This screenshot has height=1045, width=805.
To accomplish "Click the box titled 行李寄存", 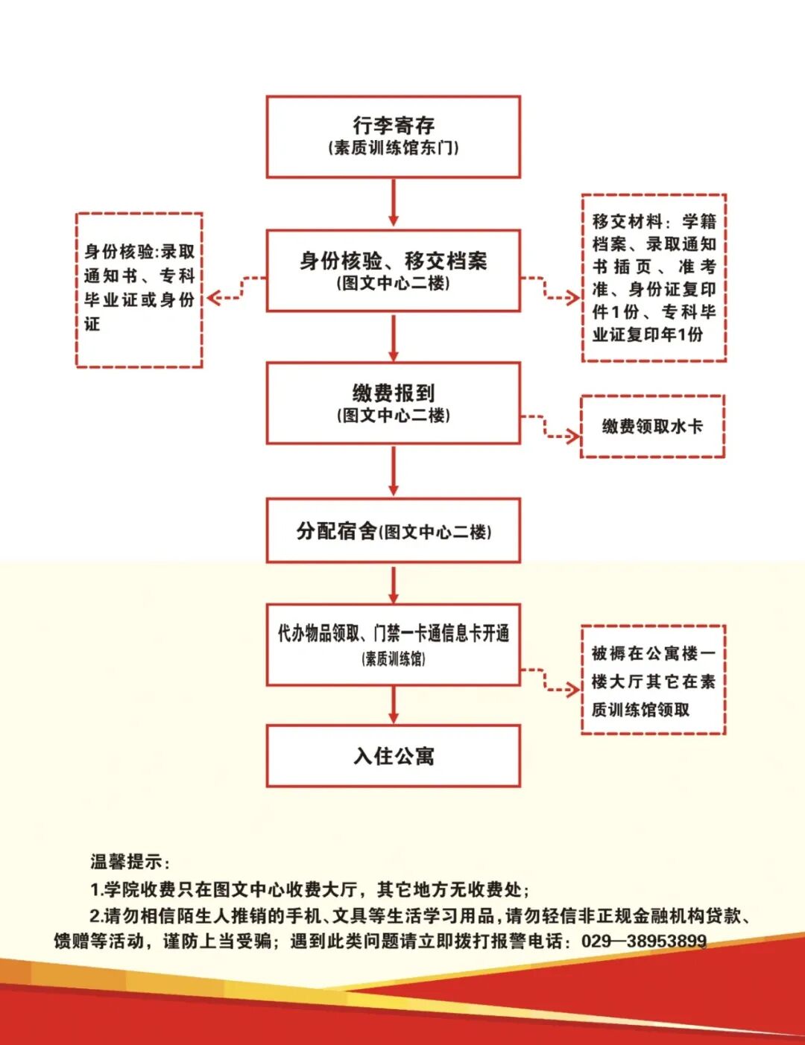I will pos(393,136).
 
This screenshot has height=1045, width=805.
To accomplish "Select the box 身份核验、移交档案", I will pos(393,270).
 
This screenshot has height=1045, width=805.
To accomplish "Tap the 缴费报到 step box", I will pos(393,403).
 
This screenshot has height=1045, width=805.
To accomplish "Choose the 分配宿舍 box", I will pos(393,530).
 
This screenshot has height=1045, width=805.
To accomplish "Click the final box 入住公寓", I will pos(393,756).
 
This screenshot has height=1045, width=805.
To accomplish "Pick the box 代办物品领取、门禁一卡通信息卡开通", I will pos(393,644).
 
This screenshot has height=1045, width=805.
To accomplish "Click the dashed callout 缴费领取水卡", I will pos(652,426).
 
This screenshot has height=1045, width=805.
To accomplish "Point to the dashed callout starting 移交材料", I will pos(654,278).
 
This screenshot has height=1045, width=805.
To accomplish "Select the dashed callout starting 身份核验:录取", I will pos(139,290).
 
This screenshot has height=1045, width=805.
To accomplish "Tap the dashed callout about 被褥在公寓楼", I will pos(653,680).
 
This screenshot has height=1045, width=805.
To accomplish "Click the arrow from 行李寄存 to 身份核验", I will pos(394,203).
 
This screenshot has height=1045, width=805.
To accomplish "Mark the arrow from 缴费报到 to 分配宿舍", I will pos(394,471).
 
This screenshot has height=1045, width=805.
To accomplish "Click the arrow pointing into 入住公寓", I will pos(394,705).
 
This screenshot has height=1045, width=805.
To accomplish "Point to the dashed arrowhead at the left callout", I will pos(214,298).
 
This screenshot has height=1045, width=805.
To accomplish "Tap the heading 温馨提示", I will pos(130,862).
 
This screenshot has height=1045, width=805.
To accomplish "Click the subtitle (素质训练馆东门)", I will pos(393,147).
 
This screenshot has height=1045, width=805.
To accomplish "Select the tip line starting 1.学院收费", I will pos(309,889).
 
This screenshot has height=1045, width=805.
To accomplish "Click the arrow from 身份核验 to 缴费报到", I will pos(394,337).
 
